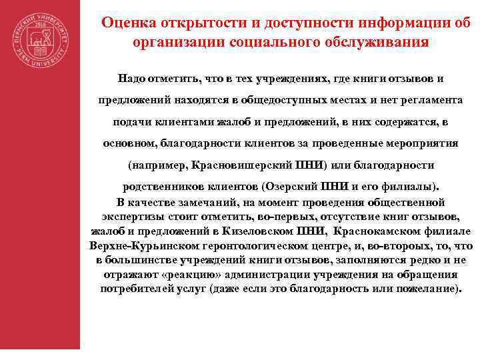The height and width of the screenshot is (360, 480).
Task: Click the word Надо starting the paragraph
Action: (x=133, y=79)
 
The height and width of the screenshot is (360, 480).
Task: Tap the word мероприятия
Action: (x=415, y=143)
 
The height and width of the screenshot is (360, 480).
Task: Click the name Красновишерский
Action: (x=238, y=165)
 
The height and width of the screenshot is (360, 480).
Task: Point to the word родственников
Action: (x=161, y=187)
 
